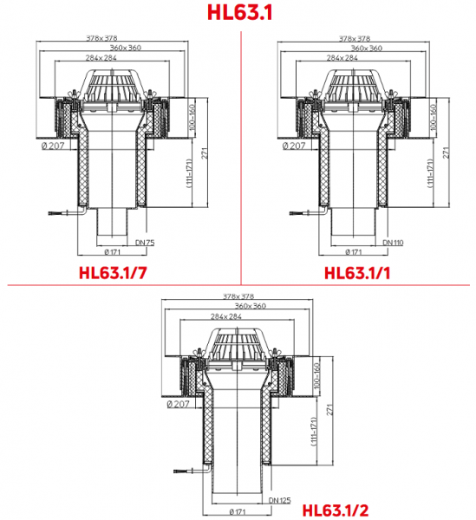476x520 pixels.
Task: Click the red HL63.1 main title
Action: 239,13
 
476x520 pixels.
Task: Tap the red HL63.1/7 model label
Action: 113,273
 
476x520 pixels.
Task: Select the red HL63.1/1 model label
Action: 357,273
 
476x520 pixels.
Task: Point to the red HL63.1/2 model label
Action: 336,510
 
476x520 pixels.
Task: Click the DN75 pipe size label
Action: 145,243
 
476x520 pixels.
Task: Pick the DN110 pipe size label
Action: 393,243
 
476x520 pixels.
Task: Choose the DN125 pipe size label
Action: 280,500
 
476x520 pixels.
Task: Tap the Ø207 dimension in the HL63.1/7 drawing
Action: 53,146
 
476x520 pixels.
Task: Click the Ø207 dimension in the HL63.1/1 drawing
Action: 294,146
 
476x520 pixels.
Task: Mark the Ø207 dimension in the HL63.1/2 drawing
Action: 178,404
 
